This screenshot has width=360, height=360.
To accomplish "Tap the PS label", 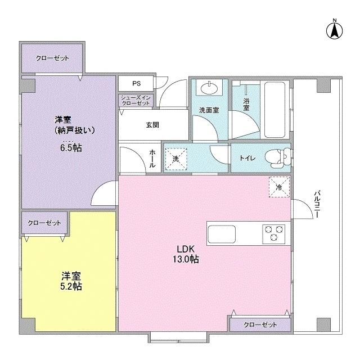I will [136, 83].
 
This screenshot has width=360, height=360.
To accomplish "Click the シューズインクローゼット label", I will [136, 101].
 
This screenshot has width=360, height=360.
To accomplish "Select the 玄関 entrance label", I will [152, 124].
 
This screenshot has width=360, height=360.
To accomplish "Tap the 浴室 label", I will [246, 105].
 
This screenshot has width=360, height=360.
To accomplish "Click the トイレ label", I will [247, 158].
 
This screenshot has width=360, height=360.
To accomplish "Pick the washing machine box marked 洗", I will [175, 159].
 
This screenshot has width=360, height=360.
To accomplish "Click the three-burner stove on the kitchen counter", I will [274, 232].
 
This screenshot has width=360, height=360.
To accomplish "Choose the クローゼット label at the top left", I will [52, 58].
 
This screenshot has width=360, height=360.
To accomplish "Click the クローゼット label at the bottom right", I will [260, 325].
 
